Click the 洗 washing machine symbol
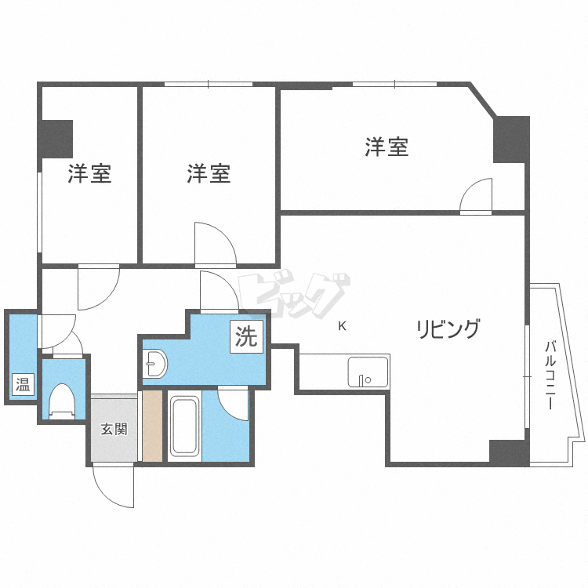pos(246,336)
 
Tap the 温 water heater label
pos(23,384)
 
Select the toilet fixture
pos(63,401)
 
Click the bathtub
pos(184,426)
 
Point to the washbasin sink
pos(155,363)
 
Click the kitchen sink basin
pos(368,372)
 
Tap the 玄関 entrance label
pos(114,429)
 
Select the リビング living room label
pos(448,328)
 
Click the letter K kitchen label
pos(342,326)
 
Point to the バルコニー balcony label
pos(550,375)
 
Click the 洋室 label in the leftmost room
pos(89,173)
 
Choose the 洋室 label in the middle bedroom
pos(209,173)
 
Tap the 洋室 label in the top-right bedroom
pos(387,147)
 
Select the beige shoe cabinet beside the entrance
pos(152,426)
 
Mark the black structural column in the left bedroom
pos(56,139)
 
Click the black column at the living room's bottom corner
pos(509,452)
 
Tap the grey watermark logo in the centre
pos(294,294)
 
